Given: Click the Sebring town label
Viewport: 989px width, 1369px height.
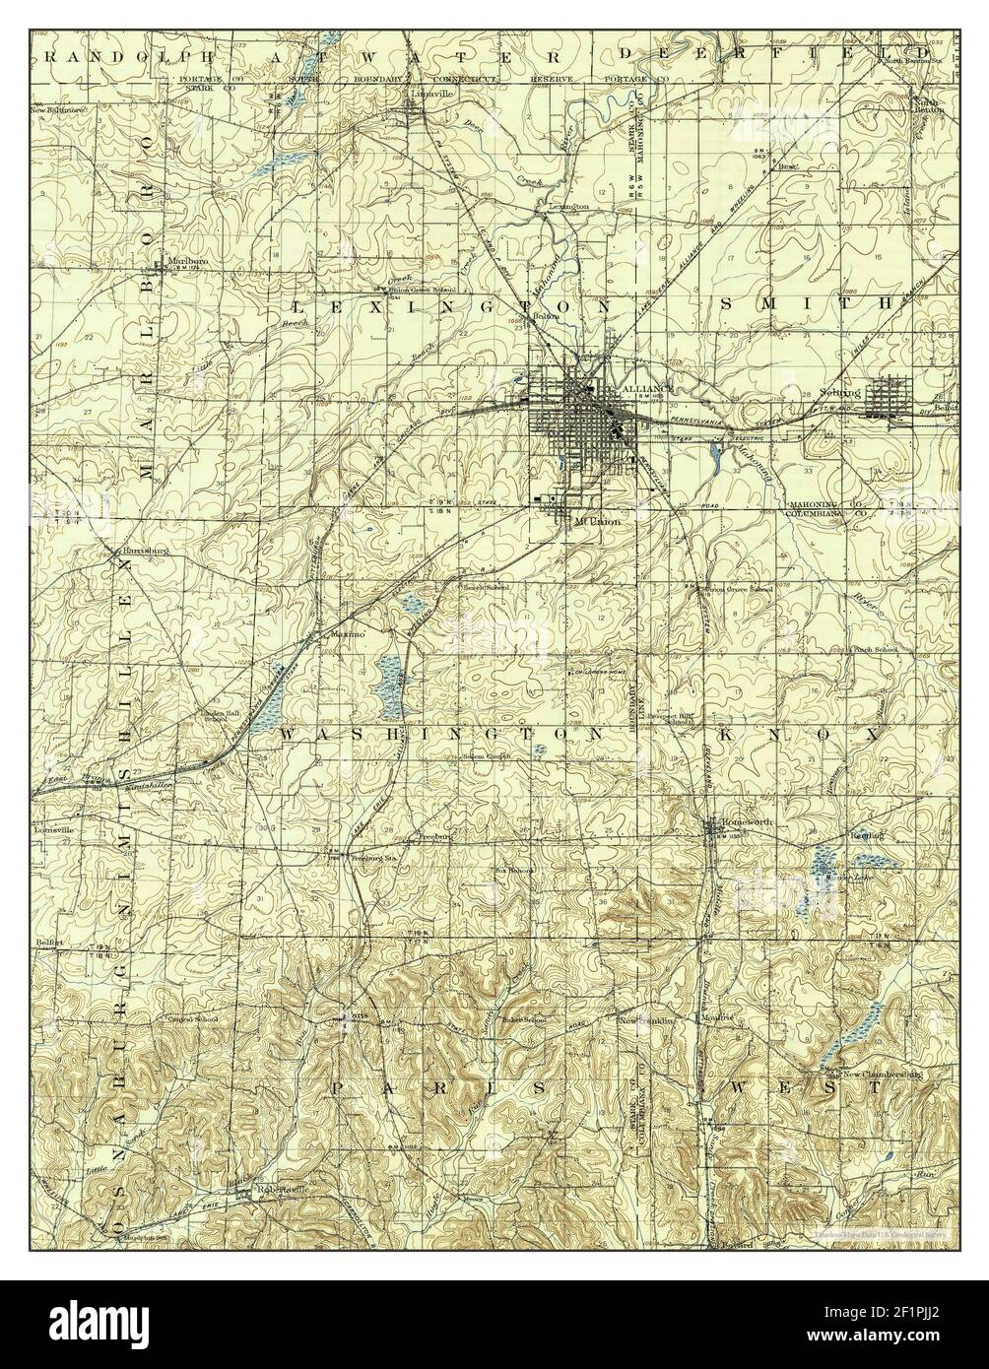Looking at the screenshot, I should coord(839,392).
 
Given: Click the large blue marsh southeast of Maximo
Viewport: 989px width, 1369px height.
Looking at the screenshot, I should coord(390,677).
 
